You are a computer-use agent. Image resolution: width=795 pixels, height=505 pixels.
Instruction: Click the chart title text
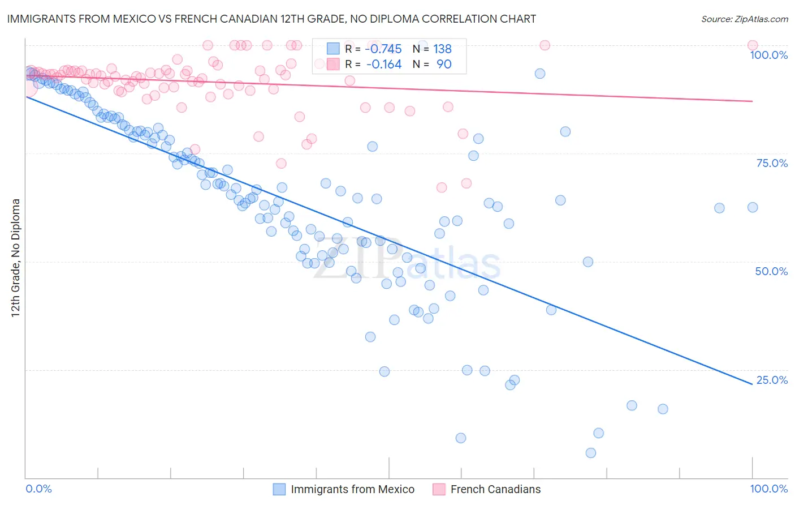point(271,19)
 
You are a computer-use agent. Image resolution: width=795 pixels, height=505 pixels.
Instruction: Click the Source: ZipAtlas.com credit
point(744,19)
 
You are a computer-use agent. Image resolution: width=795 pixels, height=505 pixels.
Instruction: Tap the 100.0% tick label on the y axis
point(768,55)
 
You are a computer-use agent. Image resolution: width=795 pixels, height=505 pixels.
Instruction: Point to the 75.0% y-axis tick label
point(772,163)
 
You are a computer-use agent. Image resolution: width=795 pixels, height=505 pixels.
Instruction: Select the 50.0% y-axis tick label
point(771,271)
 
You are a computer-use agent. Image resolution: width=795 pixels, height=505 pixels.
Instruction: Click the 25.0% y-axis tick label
point(772,380)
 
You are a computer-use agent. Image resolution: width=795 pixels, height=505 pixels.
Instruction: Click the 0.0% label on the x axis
point(39,489)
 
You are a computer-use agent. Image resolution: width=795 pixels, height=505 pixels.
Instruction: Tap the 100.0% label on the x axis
point(768,489)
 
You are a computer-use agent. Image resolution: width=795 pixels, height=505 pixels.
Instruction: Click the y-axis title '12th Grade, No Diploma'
point(16,258)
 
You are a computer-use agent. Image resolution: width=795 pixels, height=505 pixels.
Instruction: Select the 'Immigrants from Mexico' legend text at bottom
point(352,489)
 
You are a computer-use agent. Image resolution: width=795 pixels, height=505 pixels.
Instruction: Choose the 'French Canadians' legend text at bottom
point(495,489)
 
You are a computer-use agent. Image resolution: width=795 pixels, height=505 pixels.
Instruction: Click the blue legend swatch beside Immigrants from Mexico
point(279,489)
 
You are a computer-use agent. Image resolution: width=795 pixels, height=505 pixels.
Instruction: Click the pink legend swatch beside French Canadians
point(439,489)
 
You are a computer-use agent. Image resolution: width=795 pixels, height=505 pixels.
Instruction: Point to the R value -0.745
point(383,49)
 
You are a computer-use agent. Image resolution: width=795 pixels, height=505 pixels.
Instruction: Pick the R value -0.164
point(384,64)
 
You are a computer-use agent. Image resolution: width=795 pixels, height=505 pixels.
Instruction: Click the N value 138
point(442,49)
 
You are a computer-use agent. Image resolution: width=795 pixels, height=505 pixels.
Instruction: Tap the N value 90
point(444,64)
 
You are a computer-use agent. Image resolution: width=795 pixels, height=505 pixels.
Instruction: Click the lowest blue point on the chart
point(591,453)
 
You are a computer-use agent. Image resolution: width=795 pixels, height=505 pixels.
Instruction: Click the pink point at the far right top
point(753,45)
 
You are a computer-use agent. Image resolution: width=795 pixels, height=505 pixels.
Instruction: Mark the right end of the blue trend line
point(753,384)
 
